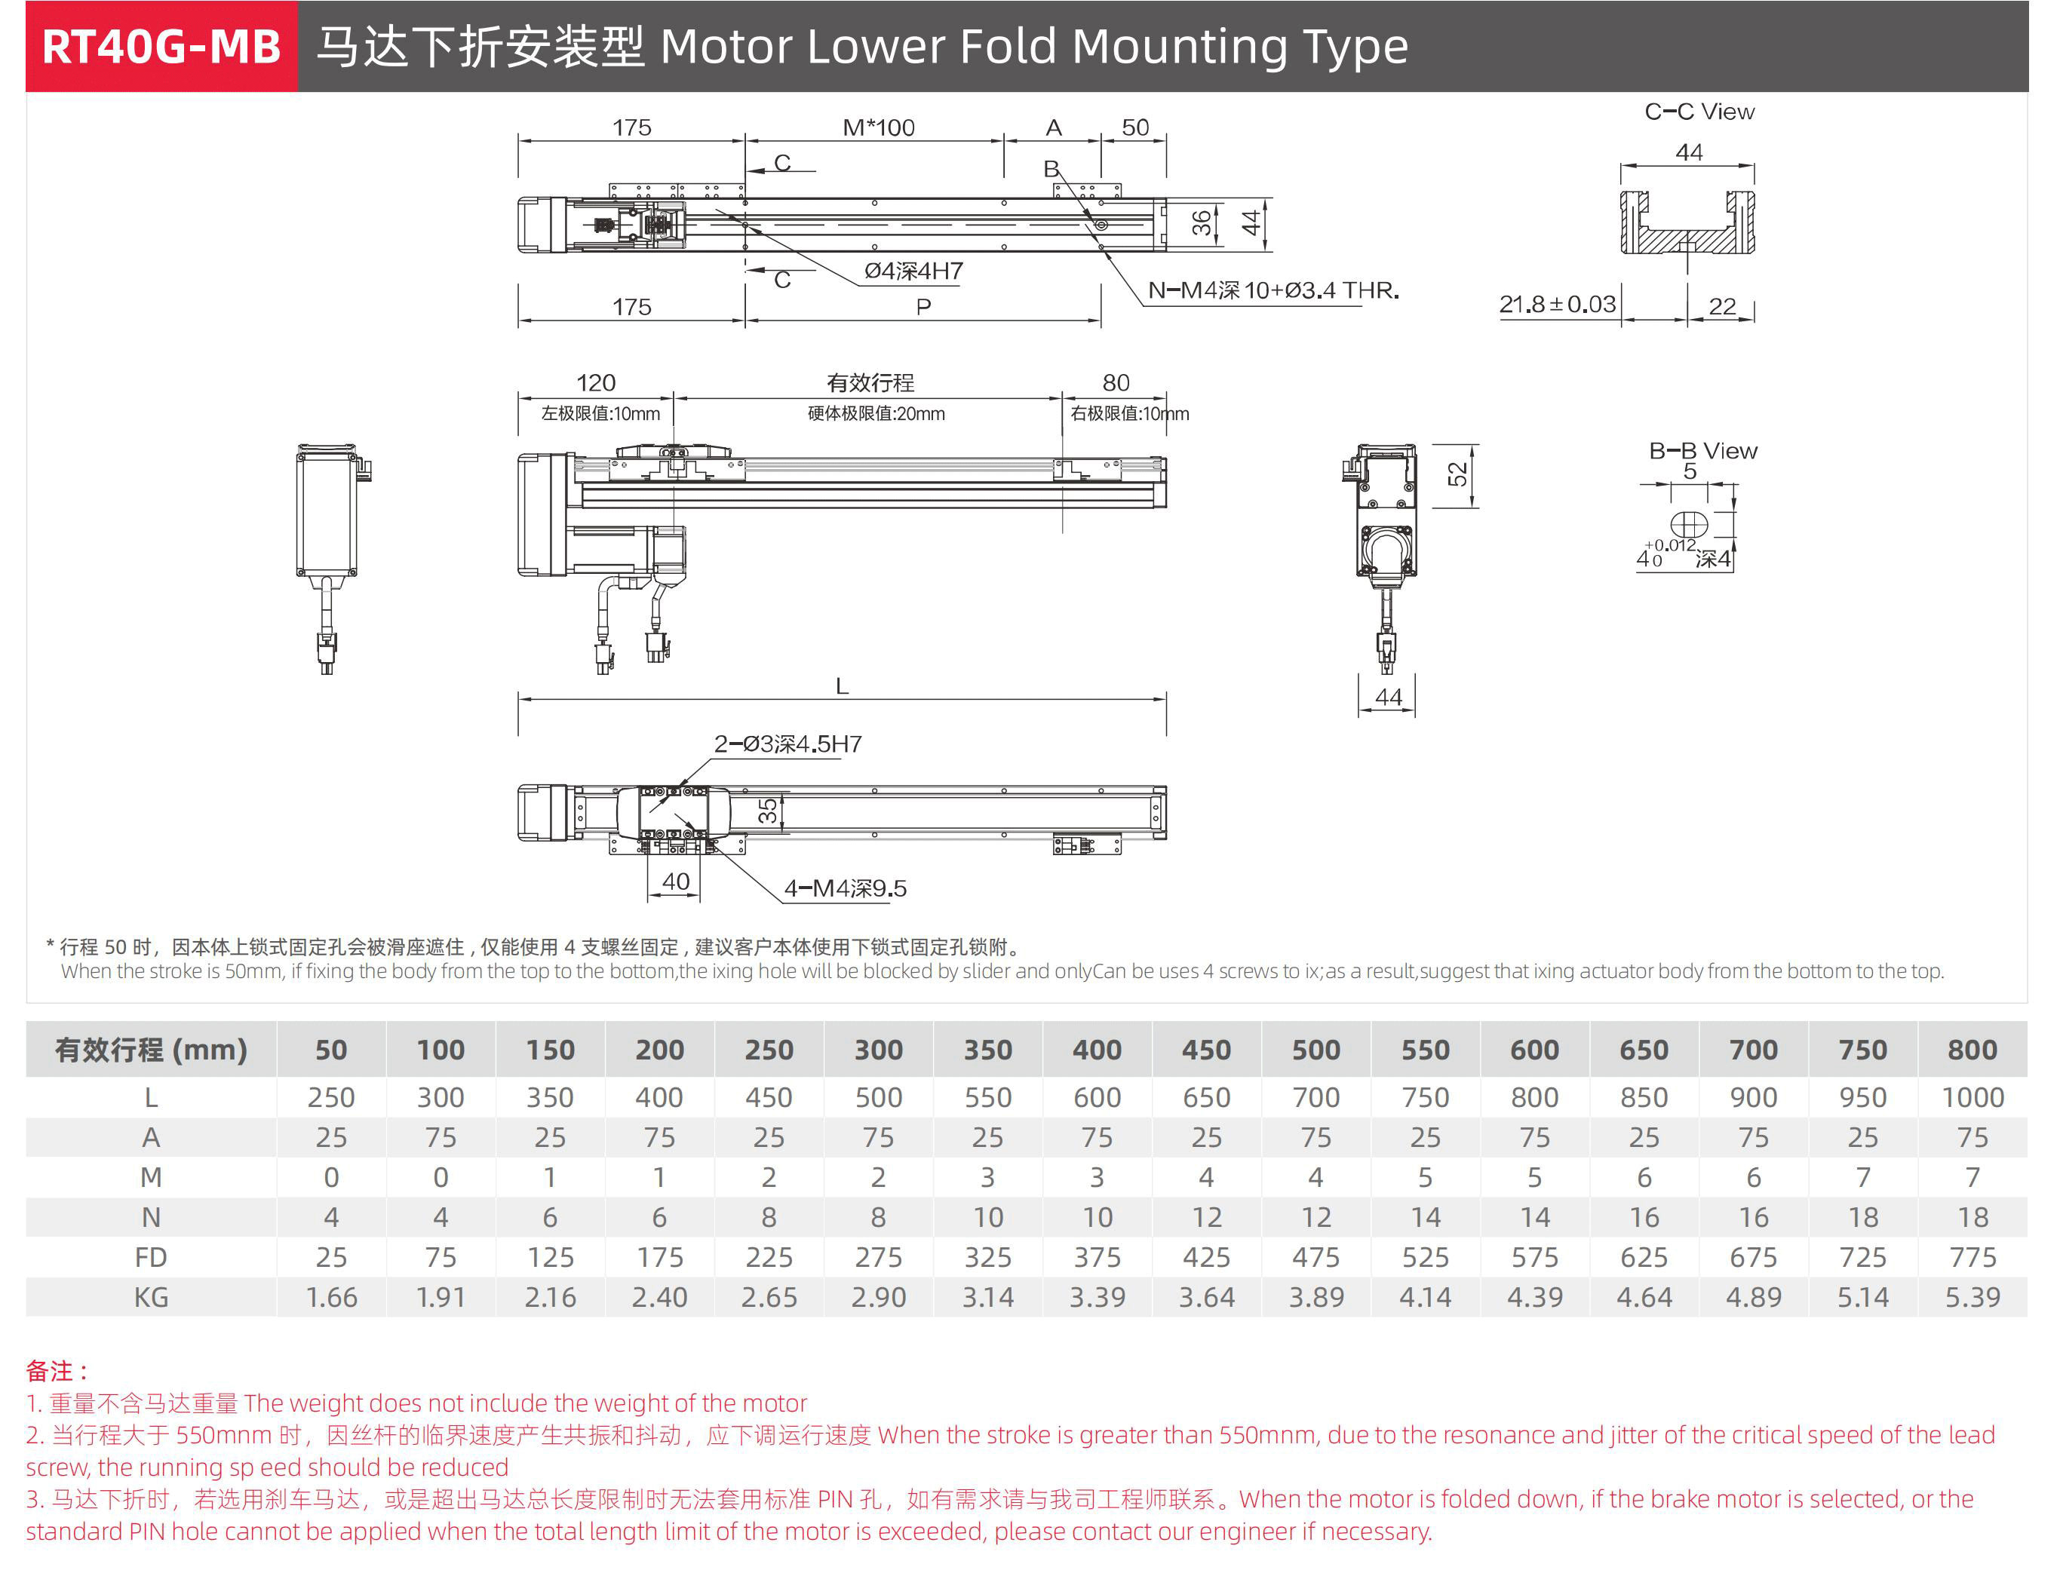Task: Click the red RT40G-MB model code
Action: coord(161,47)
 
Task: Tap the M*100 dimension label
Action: coord(878,128)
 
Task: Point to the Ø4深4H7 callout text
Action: coord(913,271)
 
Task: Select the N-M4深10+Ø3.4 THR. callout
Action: coord(1273,290)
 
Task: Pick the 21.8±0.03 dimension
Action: coord(1556,305)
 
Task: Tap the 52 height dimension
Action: coord(1457,475)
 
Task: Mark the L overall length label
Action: coord(842,687)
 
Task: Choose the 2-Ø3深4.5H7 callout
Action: coord(788,744)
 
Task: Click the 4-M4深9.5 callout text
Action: coord(845,889)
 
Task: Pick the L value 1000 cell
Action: coord(1973,1098)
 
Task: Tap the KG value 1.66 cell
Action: coord(331,1298)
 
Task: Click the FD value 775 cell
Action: coord(1973,1258)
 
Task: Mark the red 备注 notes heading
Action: coord(56,1371)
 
